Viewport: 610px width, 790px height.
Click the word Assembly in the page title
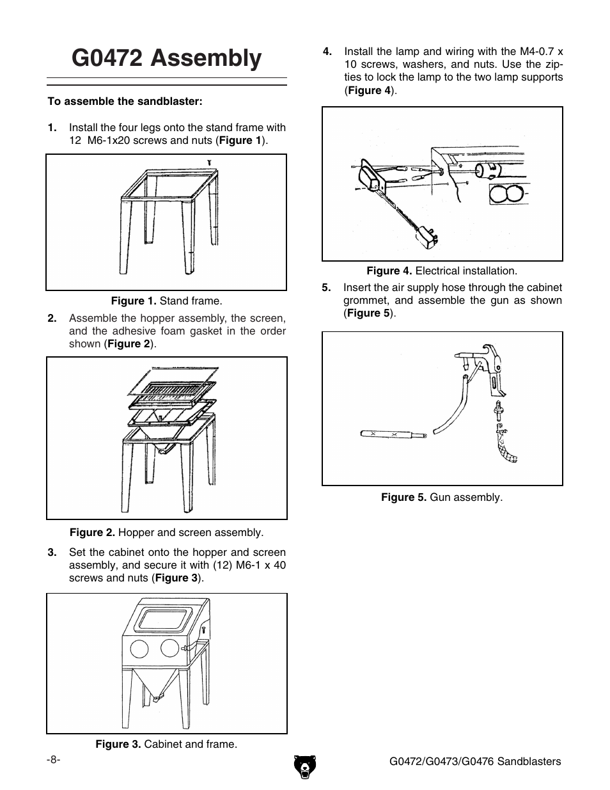pyautogui.click(x=207, y=58)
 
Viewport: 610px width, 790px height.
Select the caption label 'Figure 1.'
pyautogui.click(x=134, y=301)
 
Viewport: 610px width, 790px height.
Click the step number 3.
pyautogui.click(x=52, y=552)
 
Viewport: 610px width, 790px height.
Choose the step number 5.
pyautogui.click(x=327, y=287)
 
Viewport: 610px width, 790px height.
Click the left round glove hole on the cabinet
pyautogui.click(x=139, y=649)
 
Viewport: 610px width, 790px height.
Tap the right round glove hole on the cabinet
pyautogui.click(x=170, y=648)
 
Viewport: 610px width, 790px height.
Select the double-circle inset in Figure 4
pyautogui.click(x=509, y=194)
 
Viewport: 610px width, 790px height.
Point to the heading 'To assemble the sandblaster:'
pyautogui.click(x=125, y=101)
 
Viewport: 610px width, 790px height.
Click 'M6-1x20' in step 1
pyautogui.click(x=107, y=140)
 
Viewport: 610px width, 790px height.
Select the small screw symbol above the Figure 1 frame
pyautogui.click(x=209, y=162)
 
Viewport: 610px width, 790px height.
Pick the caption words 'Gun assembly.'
pyautogui.click(x=466, y=497)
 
